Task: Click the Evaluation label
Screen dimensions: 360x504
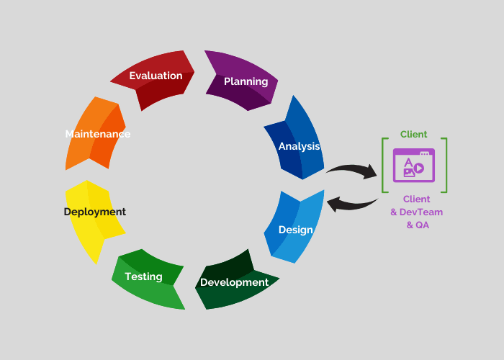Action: click(x=156, y=76)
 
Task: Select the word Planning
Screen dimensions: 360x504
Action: click(x=246, y=81)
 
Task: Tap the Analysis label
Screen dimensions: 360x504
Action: click(x=299, y=146)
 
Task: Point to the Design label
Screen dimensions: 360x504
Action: click(x=295, y=230)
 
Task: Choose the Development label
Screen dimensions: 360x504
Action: click(x=234, y=282)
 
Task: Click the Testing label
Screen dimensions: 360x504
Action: click(x=143, y=276)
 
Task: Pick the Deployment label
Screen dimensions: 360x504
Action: click(x=94, y=212)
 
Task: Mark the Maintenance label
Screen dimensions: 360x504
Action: click(x=97, y=134)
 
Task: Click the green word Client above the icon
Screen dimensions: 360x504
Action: click(x=414, y=134)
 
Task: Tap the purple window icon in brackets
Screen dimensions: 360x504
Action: click(x=414, y=165)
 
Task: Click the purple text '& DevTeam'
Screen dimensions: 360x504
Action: click(x=416, y=212)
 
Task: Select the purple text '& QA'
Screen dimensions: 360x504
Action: click(x=416, y=225)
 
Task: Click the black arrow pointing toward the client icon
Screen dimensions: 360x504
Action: click(x=353, y=170)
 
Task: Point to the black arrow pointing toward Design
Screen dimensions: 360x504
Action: click(x=352, y=204)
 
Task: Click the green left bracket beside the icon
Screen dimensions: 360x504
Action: click(x=384, y=166)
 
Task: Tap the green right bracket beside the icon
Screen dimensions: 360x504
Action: click(x=445, y=166)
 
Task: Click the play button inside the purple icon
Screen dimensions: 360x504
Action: click(x=420, y=169)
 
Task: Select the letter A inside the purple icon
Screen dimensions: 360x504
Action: click(x=408, y=161)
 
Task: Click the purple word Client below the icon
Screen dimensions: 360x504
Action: click(x=416, y=199)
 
